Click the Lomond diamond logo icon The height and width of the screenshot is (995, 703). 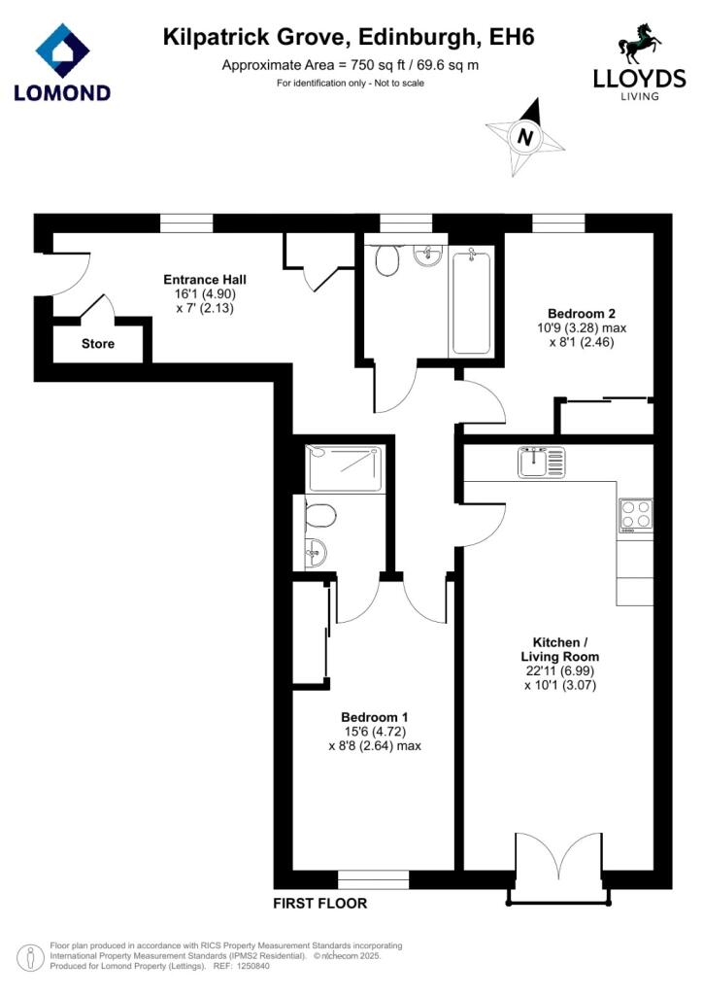point(62,51)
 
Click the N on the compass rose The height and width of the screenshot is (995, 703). point(525,137)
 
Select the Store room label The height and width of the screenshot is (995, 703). point(98,344)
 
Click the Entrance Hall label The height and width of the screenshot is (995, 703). point(205,279)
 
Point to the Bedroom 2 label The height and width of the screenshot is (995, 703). point(582,314)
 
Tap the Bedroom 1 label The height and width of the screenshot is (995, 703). point(375,717)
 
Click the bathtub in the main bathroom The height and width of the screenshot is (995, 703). point(470,302)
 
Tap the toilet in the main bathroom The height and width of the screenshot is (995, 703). point(386,260)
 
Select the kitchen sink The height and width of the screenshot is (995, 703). point(541,462)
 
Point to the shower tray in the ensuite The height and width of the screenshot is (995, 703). point(346,468)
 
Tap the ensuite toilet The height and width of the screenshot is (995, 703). point(319,517)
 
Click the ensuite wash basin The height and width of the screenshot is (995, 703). point(316,553)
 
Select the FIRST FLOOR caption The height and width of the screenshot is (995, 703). point(320,903)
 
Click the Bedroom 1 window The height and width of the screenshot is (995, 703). point(374,879)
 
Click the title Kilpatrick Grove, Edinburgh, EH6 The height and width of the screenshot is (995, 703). point(349,38)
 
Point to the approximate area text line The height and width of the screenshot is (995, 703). point(350,65)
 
